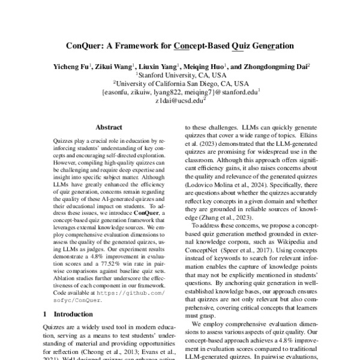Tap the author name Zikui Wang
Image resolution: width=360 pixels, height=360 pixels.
(115, 67)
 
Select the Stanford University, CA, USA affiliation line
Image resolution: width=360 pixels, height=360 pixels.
(182, 76)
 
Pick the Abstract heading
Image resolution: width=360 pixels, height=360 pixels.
(109, 127)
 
